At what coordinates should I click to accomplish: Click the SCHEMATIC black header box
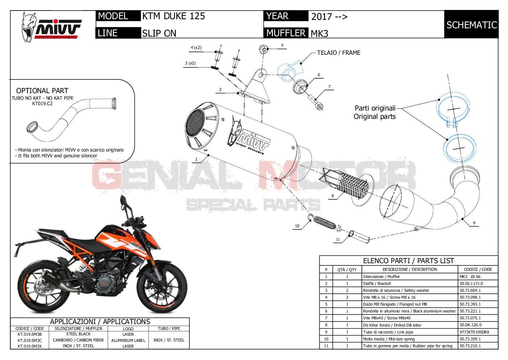(x=471, y=25)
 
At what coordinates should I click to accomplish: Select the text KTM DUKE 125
(x=173, y=16)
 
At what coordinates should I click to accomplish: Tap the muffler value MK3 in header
(x=319, y=33)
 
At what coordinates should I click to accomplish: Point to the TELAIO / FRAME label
(x=339, y=53)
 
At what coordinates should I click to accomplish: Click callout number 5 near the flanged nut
(x=282, y=46)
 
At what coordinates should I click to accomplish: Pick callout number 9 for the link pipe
(x=474, y=223)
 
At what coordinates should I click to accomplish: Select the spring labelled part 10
(x=324, y=222)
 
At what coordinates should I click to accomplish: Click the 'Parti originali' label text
(x=375, y=108)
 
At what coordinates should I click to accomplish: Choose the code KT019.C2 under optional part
(x=42, y=104)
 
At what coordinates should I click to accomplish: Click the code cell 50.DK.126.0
(x=471, y=325)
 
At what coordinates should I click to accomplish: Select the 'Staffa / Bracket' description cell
(x=377, y=284)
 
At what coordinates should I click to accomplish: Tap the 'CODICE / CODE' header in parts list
(x=478, y=269)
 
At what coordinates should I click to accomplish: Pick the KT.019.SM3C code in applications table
(x=30, y=340)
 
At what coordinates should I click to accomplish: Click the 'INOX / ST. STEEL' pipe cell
(x=169, y=340)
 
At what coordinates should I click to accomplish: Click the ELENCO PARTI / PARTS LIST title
(x=408, y=261)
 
